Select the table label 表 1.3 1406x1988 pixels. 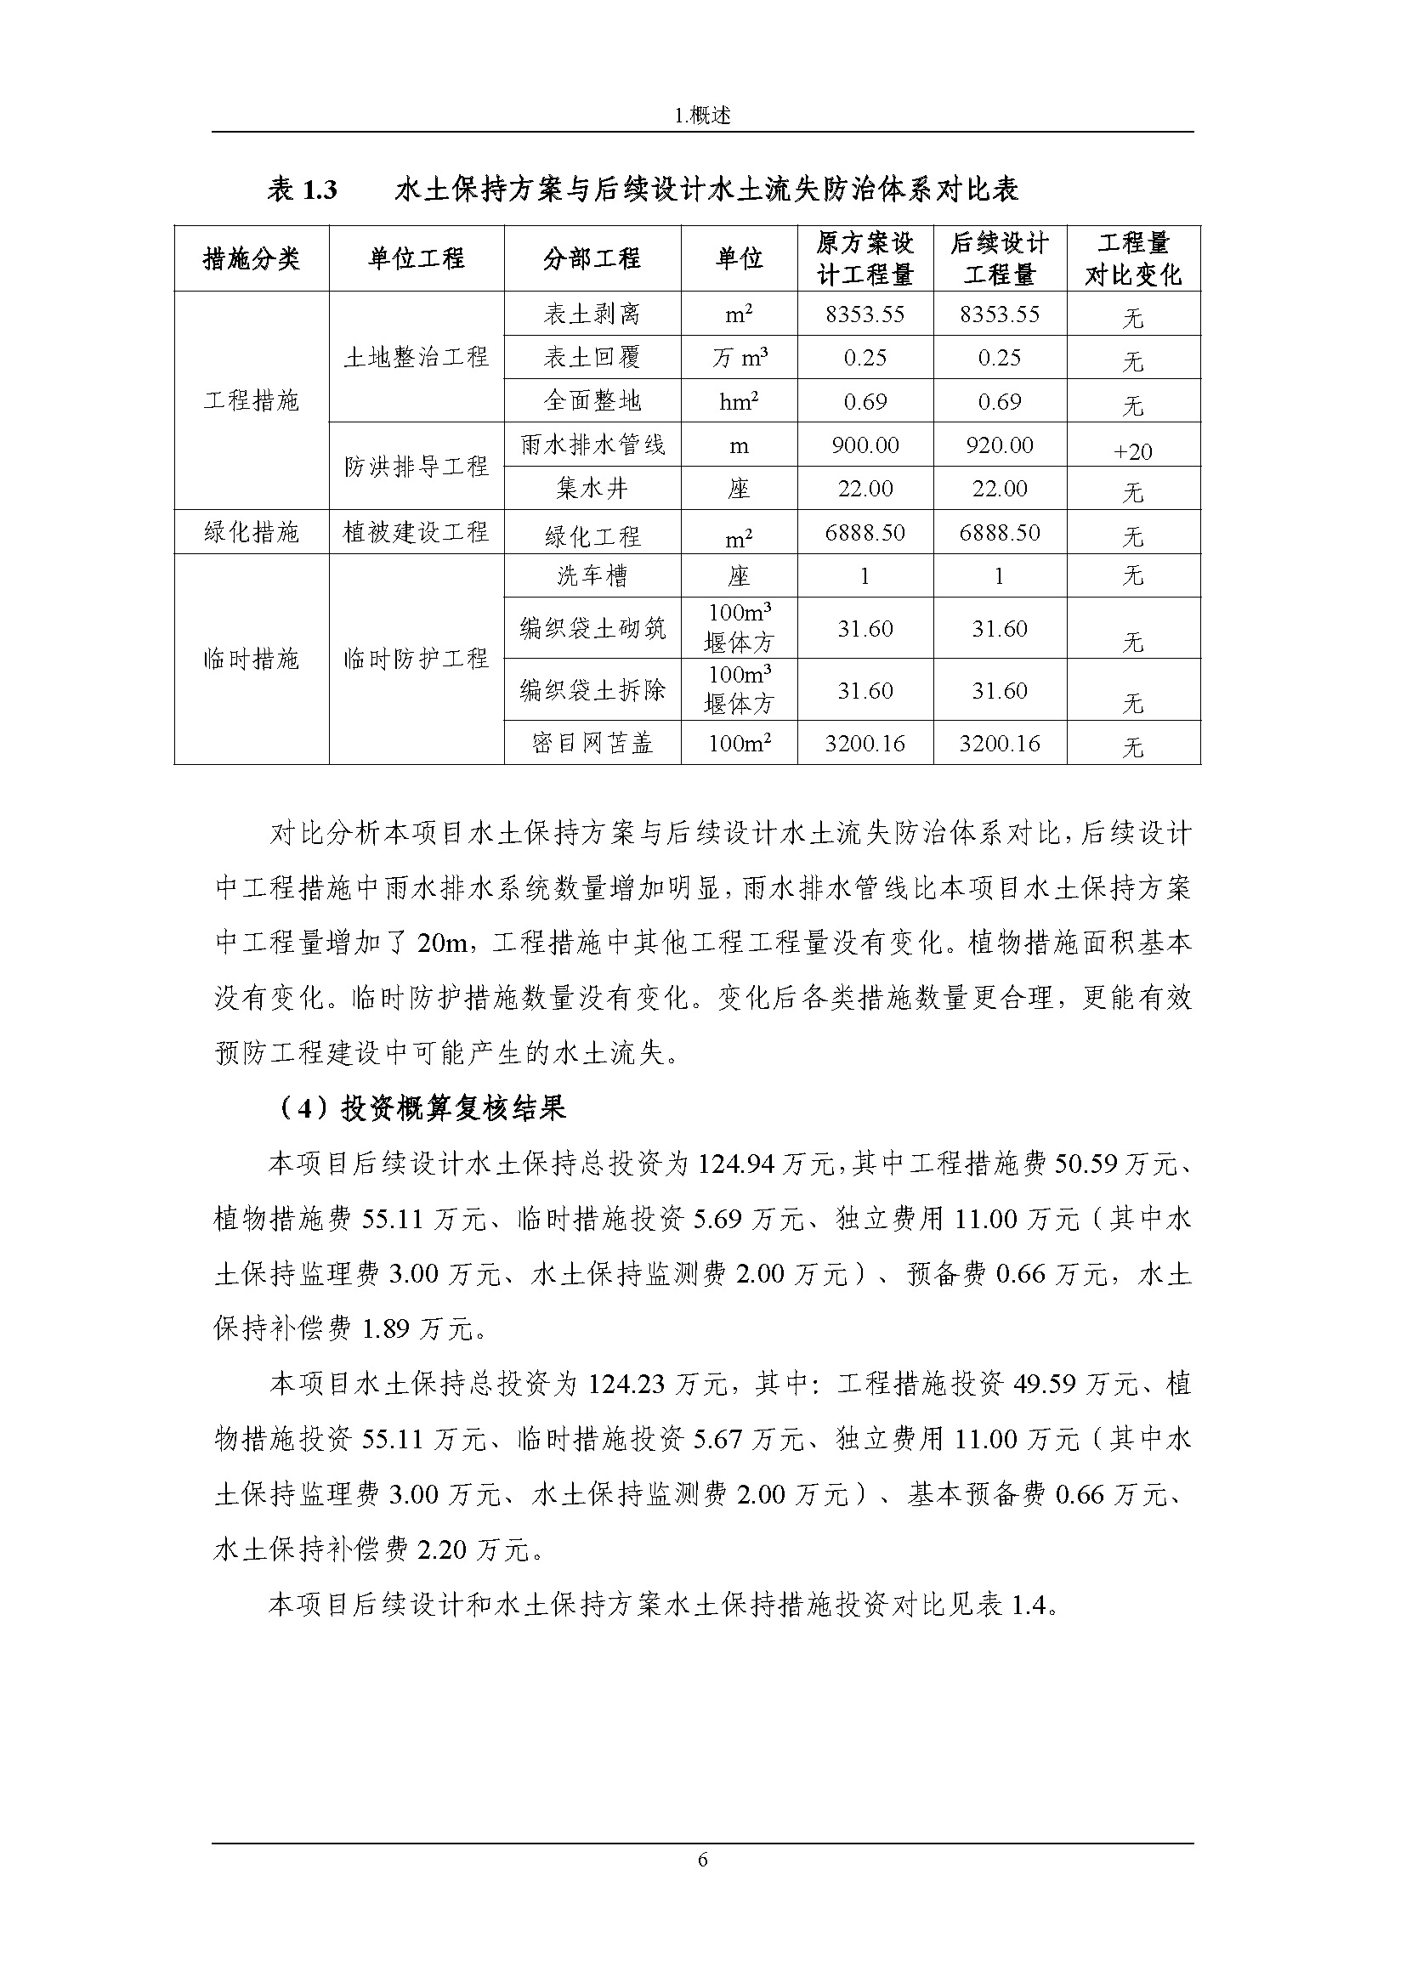[302, 190]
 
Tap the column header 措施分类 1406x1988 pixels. [251, 258]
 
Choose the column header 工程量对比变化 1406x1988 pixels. [1133, 258]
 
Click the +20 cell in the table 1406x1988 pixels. [1133, 451]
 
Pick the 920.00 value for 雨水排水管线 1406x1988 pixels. [999, 445]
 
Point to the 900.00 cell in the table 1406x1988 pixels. [865, 445]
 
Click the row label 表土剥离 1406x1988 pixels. [592, 314]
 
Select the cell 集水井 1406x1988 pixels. [592, 489]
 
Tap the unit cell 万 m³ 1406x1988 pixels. [740, 358]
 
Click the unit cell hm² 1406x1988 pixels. [740, 401]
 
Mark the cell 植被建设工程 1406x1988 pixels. [417, 531]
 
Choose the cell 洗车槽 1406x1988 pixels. [592, 575]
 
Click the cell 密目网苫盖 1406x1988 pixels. [592, 743]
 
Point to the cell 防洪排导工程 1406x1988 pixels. [417, 467]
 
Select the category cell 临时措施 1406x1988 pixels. [251, 659]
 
